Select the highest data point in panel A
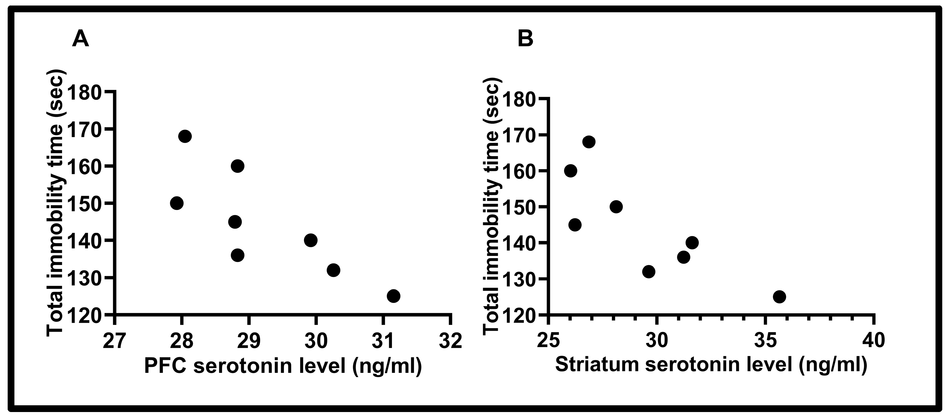(185, 136)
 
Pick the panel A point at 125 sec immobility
(394, 296)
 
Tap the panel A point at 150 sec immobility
(177, 203)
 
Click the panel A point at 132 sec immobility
(333, 270)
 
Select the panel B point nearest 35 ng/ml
(779, 297)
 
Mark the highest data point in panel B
(589, 142)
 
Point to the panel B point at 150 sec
(616, 207)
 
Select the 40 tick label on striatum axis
(873, 341)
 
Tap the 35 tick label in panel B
(766, 341)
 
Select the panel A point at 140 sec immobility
(311, 240)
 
